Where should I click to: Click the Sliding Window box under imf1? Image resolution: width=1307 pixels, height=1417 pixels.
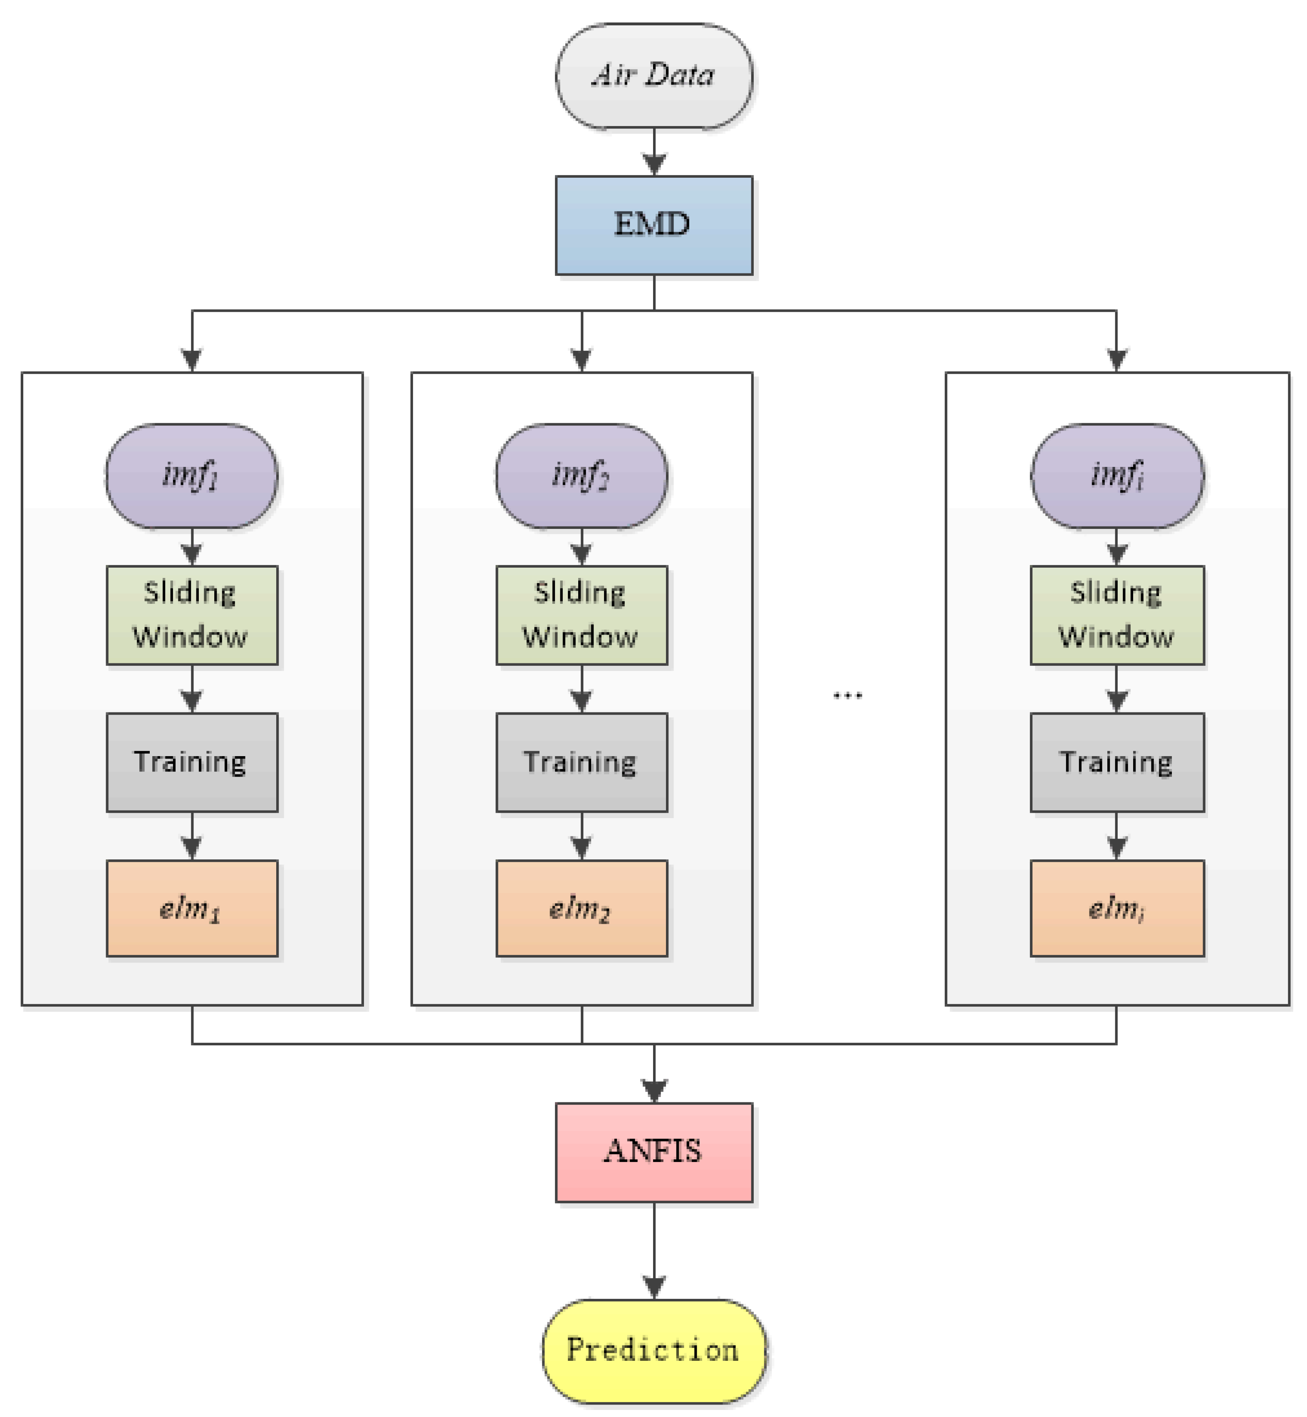[x=192, y=614]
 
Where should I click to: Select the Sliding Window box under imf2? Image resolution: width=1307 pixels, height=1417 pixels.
[x=582, y=614]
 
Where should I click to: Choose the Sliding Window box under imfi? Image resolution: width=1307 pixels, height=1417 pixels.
[x=1117, y=614]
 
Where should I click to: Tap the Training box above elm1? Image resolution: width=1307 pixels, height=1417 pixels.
[x=192, y=762]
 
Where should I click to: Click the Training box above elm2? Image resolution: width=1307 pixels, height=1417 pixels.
[x=582, y=762]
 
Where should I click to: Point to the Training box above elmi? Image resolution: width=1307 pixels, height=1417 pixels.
[x=1117, y=762]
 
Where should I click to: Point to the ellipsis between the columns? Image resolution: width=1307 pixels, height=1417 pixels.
[x=847, y=695]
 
